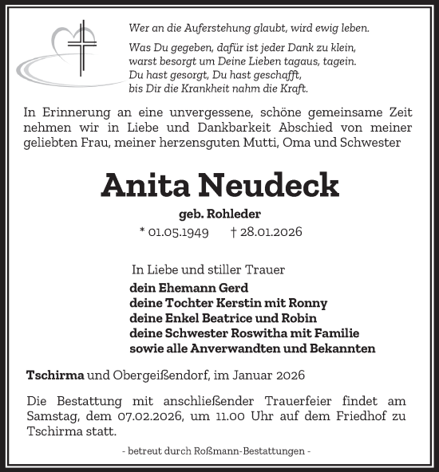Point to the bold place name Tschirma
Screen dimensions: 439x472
click(55, 374)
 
